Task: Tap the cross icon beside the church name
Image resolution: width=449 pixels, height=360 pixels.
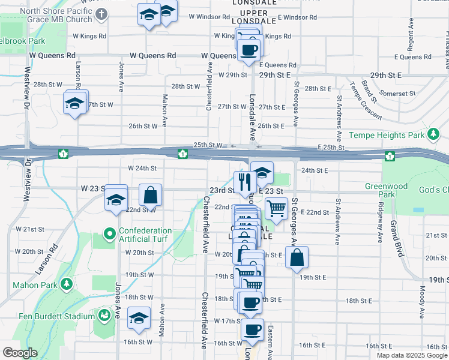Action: [x=102, y=13]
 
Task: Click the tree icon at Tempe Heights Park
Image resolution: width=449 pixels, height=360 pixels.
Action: [x=433, y=133]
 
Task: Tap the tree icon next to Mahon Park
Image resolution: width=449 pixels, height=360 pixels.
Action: [x=67, y=283]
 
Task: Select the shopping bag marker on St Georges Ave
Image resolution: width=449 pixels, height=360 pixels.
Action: [x=297, y=258]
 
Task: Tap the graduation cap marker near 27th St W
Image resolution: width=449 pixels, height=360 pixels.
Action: [x=75, y=104]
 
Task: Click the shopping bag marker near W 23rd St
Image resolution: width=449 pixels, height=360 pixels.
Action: [x=150, y=195]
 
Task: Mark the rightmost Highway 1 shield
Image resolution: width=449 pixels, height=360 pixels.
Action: [x=390, y=156]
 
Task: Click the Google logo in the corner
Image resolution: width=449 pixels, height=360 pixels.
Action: [x=20, y=353]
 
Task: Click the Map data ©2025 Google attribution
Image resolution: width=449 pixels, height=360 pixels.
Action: [x=411, y=355]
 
